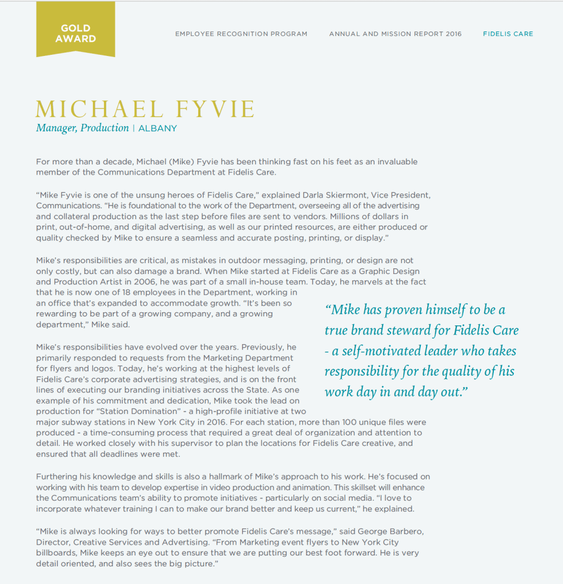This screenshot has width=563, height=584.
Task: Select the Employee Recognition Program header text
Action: tap(241, 34)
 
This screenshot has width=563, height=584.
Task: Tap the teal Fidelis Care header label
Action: tap(508, 34)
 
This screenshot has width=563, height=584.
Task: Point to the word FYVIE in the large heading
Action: tap(208, 109)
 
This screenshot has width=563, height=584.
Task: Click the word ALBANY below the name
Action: tap(158, 128)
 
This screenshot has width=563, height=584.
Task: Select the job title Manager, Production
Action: tap(82, 128)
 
